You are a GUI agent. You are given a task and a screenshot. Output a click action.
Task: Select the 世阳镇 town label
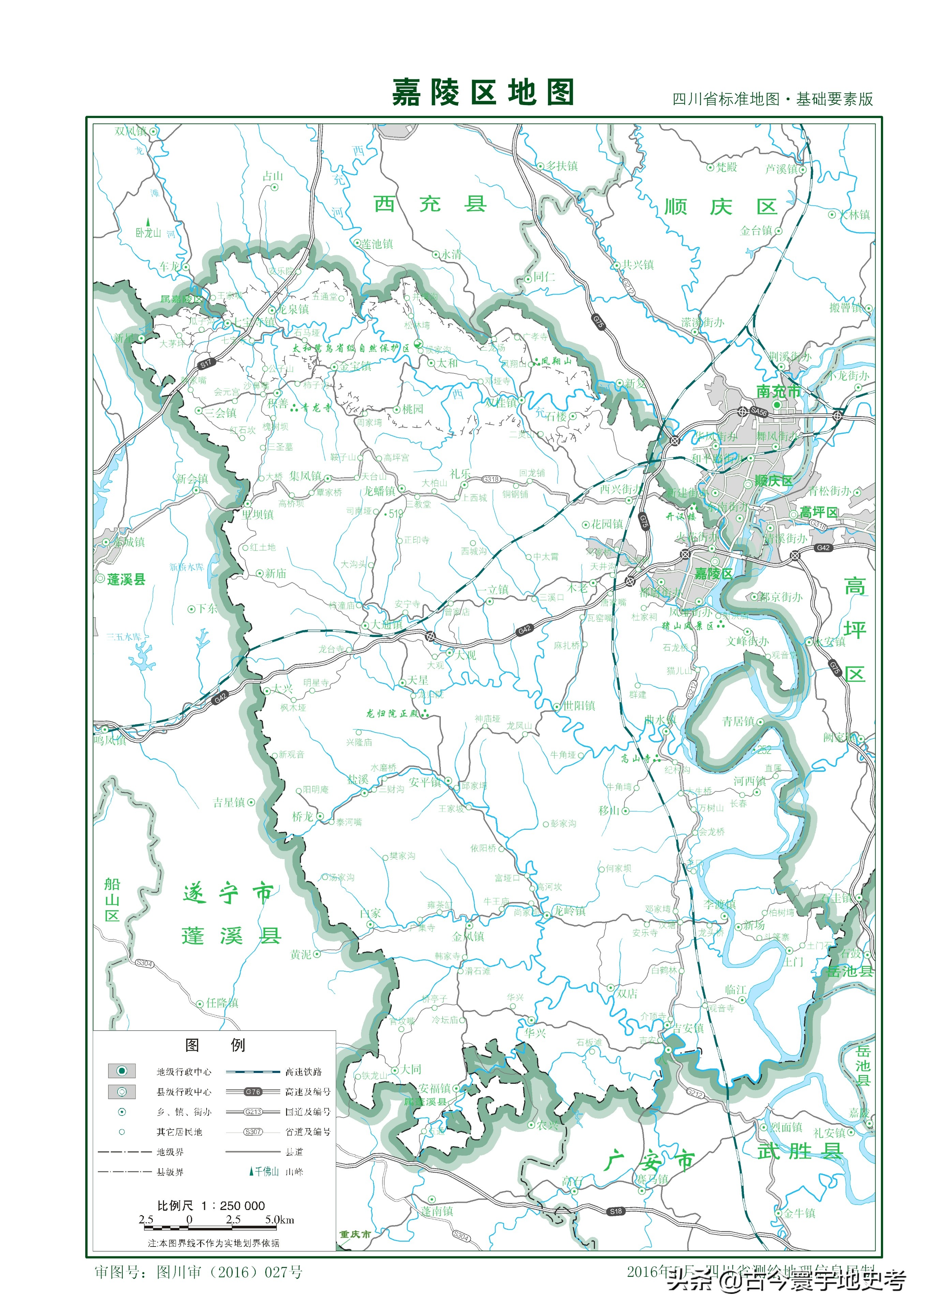pos(579,706)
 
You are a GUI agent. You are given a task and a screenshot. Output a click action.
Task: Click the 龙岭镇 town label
pos(569,911)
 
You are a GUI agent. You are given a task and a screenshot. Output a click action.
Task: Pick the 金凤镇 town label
pos(468,936)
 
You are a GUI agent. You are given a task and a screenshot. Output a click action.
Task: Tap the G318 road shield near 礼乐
pos(491,479)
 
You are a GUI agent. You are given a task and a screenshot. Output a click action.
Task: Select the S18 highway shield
pos(615,1211)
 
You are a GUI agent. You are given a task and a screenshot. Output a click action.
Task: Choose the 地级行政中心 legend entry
pos(183,1072)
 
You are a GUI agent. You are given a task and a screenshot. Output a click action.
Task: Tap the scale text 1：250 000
pos(233,1206)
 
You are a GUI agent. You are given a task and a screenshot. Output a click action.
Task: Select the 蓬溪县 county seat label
pos(126,579)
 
